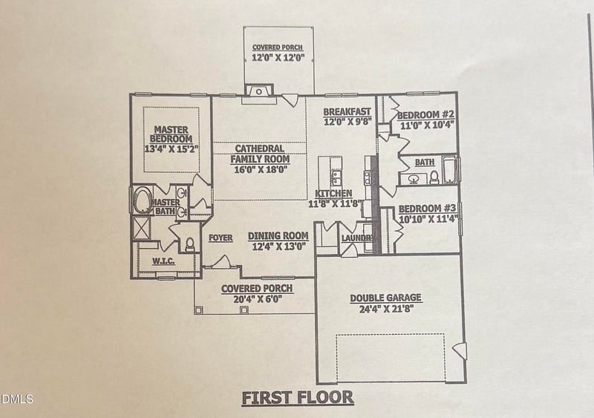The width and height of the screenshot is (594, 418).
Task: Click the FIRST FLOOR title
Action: [298, 397]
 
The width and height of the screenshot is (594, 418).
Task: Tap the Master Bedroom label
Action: [172, 134]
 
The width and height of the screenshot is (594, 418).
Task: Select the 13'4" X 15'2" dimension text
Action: [172, 148]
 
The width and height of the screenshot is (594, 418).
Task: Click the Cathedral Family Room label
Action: [260, 153]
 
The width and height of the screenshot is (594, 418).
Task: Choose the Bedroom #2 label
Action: [425, 116]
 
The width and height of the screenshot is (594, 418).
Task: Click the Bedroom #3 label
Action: [427, 209]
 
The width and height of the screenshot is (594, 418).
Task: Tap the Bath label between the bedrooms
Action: [425, 162]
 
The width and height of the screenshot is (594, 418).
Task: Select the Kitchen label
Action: [333, 194]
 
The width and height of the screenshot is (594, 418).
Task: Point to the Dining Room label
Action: [278, 236]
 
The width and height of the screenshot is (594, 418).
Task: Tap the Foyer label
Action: [221, 238]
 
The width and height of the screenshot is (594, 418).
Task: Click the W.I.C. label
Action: [163, 261]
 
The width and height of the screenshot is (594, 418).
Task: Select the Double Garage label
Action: [385, 298]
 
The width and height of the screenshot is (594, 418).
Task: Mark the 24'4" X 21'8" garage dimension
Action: [385, 309]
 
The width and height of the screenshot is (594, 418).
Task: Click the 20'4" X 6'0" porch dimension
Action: [257, 299]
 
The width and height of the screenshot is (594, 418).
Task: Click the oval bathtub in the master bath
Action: [141, 201]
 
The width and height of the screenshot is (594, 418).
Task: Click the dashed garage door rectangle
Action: [391, 357]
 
